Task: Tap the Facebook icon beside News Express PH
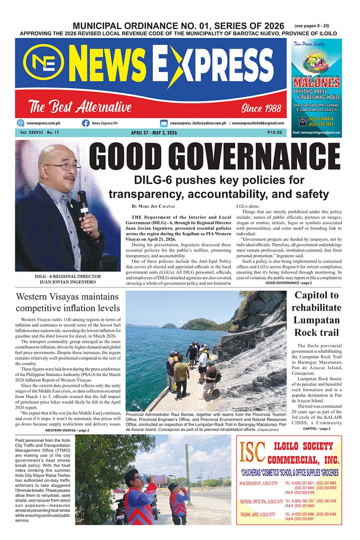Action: [x=85, y=123]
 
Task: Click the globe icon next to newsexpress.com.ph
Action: [x=21, y=123]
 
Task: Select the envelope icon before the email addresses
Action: [x=164, y=123]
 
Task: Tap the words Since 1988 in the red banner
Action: [x=261, y=108]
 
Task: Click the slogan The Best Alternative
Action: [x=80, y=107]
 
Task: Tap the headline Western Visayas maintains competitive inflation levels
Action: [x=67, y=302]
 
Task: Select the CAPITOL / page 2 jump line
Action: [x=317, y=428]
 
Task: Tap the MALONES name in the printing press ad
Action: [x=316, y=82]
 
